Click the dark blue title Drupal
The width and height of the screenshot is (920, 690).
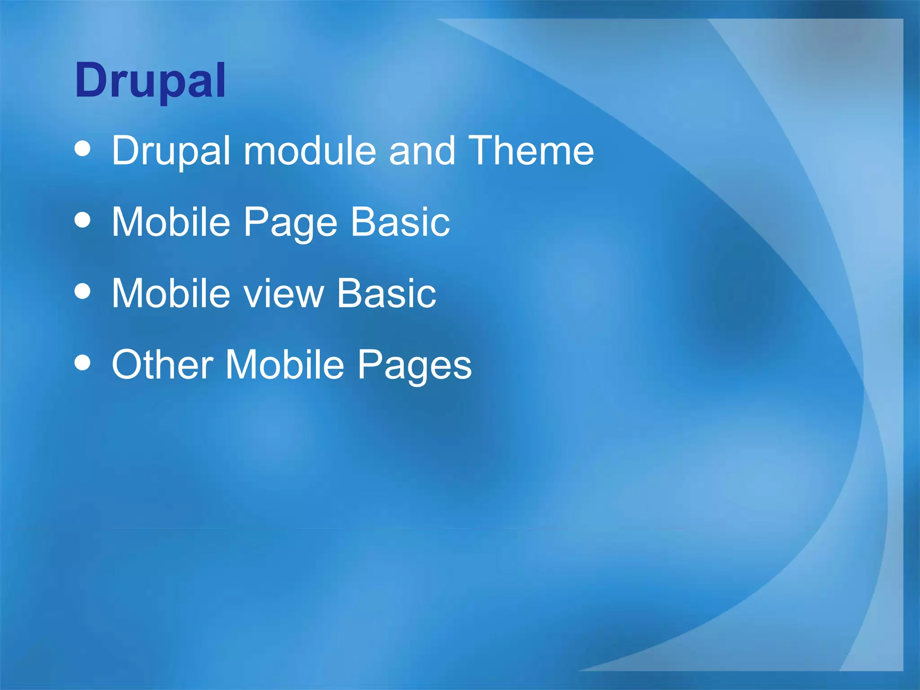150,81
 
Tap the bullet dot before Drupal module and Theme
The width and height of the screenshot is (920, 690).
83,149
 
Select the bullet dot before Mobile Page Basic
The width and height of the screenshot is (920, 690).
83,220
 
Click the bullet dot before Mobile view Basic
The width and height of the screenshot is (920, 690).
83,291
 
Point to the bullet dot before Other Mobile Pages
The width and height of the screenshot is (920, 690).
83,363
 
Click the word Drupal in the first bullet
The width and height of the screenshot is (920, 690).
171,151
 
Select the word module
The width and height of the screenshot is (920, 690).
310,151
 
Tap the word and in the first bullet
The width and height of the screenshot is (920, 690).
422,151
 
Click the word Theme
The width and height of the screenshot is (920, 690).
531,151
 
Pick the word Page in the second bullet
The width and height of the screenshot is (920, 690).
290,223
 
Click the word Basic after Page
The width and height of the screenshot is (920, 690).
400,222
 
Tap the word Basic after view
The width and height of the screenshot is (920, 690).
386,293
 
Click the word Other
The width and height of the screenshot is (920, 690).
162,364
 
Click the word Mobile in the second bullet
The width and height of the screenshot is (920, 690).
171,222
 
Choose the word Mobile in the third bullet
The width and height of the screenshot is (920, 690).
171,293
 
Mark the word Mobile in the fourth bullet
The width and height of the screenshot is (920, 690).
285,364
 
